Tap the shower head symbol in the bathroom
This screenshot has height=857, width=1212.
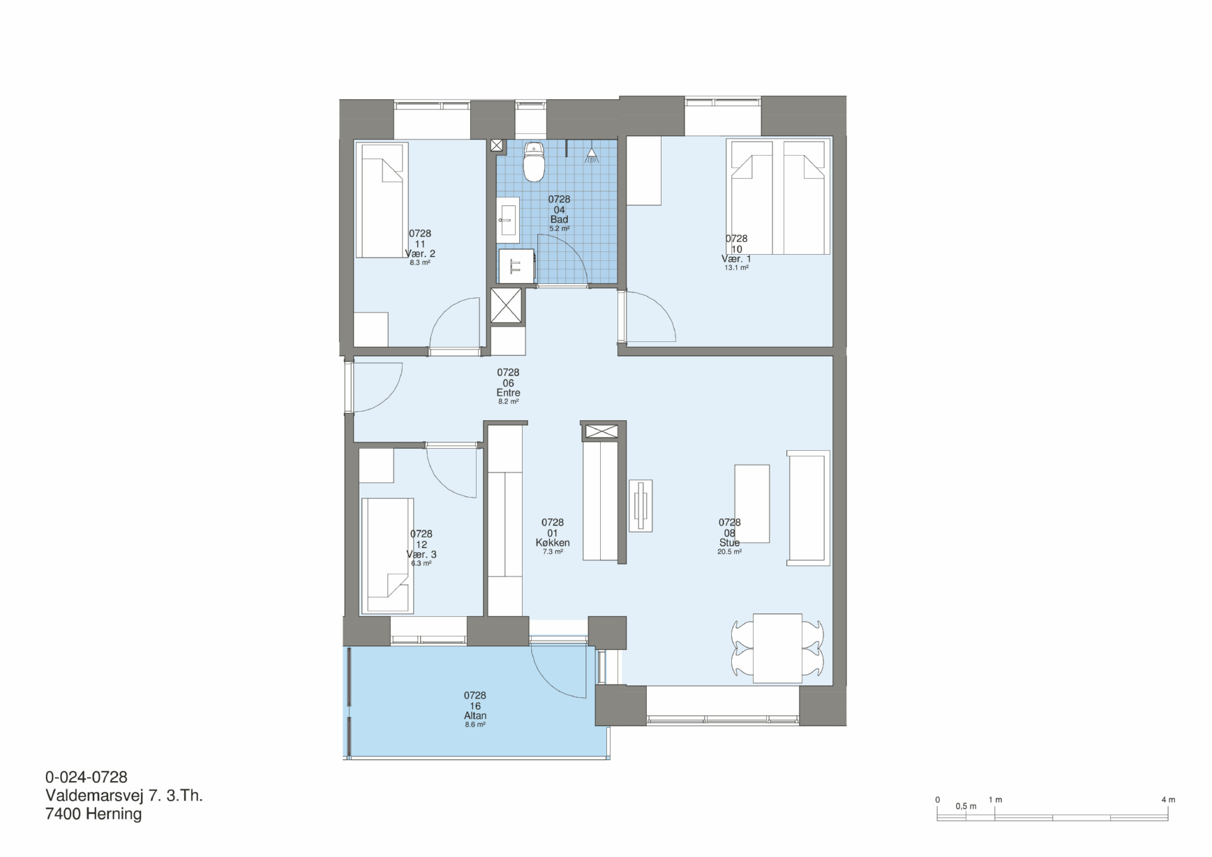(x=592, y=155)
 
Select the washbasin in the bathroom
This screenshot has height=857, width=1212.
(x=508, y=218)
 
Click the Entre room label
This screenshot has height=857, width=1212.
(x=508, y=393)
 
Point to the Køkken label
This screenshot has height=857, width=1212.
(x=553, y=543)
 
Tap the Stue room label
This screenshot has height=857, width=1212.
(x=729, y=543)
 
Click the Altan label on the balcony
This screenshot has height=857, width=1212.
(x=475, y=715)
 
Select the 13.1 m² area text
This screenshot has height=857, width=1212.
(x=736, y=268)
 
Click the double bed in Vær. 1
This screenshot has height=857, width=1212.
(x=779, y=197)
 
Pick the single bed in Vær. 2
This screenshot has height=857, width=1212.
(x=381, y=200)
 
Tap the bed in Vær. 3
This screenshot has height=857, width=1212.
(x=387, y=556)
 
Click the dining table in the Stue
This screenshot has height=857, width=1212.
(x=777, y=648)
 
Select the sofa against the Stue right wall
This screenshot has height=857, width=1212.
(x=809, y=507)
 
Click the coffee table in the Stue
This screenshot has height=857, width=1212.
(x=752, y=504)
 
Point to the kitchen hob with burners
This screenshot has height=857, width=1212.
(x=641, y=505)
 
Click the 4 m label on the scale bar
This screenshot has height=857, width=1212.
(x=1168, y=800)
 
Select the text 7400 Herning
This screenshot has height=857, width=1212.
(x=93, y=814)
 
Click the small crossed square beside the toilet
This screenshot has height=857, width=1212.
(x=497, y=145)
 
